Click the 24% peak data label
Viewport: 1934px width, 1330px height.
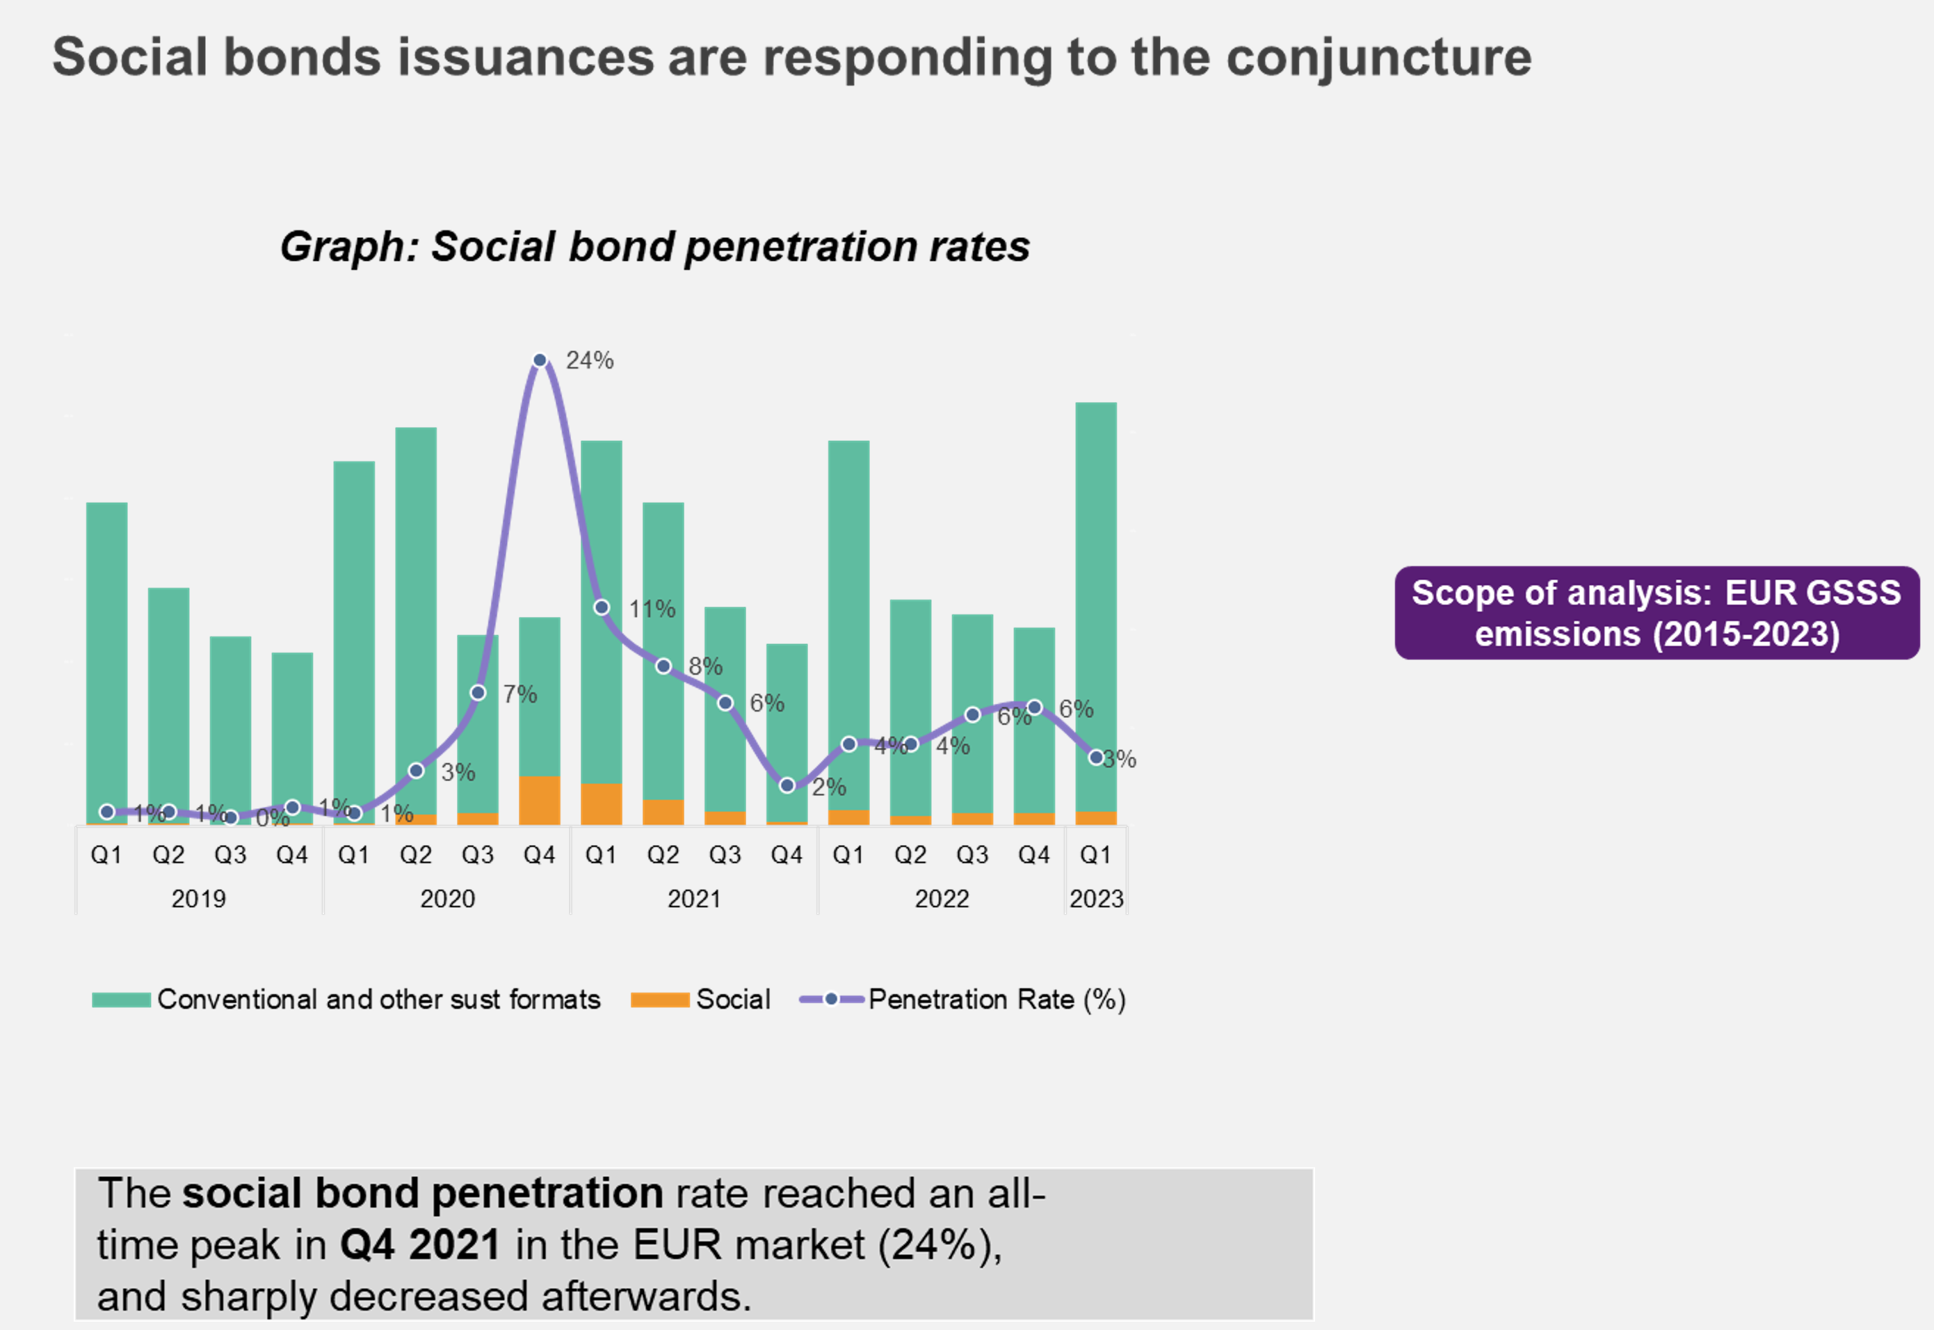pos(590,360)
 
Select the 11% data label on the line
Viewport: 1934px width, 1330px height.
pos(652,609)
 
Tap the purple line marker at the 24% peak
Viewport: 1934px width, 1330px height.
pos(540,360)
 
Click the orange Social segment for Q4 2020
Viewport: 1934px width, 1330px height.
pos(540,800)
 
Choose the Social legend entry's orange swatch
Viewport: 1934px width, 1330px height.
pos(660,999)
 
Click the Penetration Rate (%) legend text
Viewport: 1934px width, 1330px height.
pos(997,999)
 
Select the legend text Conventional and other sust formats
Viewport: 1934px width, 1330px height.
pos(379,999)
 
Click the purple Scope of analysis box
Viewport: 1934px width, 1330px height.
pos(1657,614)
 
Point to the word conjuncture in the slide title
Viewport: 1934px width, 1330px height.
pos(1378,58)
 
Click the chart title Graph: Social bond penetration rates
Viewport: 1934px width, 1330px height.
pos(654,247)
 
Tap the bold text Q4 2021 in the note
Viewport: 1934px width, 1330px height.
pos(420,1244)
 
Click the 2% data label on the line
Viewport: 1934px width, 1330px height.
pos(829,787)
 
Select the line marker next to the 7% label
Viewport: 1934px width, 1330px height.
pos(478,693)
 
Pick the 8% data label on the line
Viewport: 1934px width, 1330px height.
pos(705,666)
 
